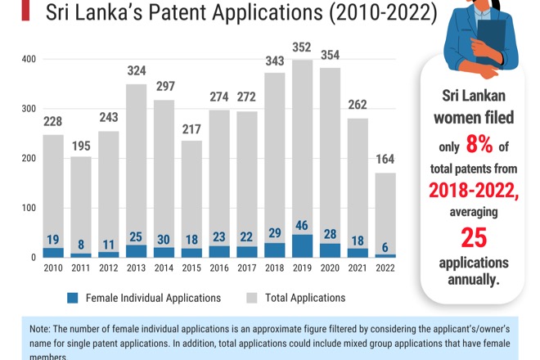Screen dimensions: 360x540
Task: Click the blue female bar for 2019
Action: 302,246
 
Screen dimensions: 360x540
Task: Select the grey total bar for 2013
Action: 137,164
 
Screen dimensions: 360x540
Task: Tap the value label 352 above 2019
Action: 302,47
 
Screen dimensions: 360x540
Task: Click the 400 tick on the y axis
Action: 28,59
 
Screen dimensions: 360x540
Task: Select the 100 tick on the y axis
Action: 28,208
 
